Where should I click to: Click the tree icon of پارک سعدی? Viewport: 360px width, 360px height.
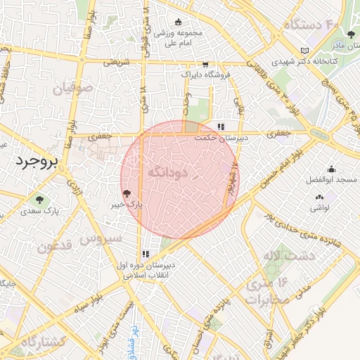pyautogui.click(x=39, y=200)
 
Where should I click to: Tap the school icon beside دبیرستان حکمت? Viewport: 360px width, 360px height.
pyautogui.click(x=221, y=127)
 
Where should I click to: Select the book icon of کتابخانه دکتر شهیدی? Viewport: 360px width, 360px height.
pyautogui.click(x=304, y=51)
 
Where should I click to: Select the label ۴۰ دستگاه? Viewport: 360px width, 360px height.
pyautogui.click(x=311, y=25)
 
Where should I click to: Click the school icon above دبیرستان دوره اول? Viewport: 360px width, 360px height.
pyautogui.click(x=146, y=254)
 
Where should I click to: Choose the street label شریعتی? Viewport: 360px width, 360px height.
pyautogui.click(x=117, y=62)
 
